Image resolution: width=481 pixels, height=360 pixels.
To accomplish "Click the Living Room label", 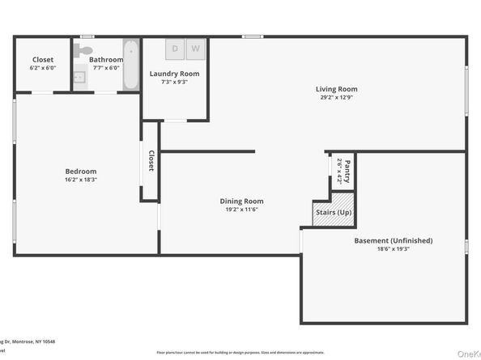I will coord(336,89).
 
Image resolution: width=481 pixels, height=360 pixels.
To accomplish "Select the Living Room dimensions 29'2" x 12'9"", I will coord(336,97).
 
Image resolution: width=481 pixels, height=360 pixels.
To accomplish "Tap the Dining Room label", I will coord(241,201).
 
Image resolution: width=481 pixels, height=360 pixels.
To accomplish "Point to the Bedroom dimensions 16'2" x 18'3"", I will coord(81,179).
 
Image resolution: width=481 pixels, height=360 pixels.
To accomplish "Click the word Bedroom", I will coord(81,171).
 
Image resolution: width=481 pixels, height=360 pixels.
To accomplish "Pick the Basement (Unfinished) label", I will coord(393,240).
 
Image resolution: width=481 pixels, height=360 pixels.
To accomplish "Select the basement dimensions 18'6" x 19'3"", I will coord(393,249).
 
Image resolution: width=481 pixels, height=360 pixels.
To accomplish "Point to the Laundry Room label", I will coord(174,74).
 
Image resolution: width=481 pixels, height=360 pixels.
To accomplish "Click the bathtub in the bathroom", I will coord(131,64).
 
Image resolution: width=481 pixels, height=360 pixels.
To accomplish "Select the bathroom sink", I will coord(79,78).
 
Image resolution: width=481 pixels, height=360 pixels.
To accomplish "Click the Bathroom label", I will coord(106,60).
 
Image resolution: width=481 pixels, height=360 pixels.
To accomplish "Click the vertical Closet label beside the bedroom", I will coord(151,162).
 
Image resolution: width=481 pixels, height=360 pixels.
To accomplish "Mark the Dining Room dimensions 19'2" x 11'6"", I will coord(241,210).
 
